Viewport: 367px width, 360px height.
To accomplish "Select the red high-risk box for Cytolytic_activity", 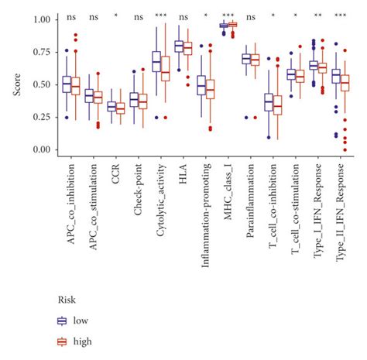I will coord(165,68).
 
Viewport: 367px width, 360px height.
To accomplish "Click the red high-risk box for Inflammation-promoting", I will coord(210,92).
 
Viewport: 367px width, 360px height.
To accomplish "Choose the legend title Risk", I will coord(67,298).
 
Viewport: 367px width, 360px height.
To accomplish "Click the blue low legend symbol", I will coord(63,320).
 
